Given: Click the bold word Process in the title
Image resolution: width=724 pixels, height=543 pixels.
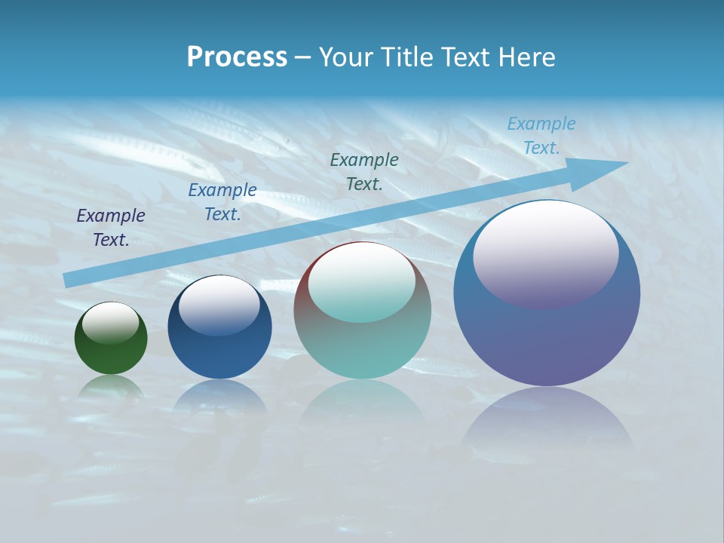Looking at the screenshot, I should pos(237,57).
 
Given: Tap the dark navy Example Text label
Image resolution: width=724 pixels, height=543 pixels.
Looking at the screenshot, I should pos(111,228).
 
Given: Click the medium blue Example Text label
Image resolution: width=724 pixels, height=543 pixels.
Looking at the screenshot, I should pos(222,202).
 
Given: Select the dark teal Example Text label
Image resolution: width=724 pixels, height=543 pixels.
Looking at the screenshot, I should pos(364,171).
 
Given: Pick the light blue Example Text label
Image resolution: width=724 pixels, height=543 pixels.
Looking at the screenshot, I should pos(541,136).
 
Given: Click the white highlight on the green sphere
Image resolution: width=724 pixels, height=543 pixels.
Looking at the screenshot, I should pos(111,323).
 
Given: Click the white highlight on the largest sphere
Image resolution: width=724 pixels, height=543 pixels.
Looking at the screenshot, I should pos(545,253).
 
